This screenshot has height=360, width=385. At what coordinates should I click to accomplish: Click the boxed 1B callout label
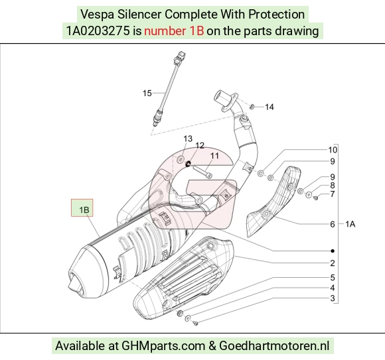(82, 208)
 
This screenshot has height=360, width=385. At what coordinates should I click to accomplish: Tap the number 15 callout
(147, 93)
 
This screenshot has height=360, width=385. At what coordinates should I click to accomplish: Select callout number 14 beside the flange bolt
(269, 107)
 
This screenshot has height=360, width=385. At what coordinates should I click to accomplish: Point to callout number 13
(188, 139)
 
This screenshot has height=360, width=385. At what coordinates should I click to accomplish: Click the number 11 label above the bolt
(214, 156)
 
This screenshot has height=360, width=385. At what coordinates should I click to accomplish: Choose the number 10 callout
(333, 150)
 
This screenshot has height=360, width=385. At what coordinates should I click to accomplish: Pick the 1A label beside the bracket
(350, 224)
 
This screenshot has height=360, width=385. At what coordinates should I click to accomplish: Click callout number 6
(332, 224)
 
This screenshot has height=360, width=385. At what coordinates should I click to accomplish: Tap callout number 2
(332, 263)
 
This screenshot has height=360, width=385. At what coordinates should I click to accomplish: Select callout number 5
(333, 278)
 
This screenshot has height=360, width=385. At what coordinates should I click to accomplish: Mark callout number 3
(333, 298)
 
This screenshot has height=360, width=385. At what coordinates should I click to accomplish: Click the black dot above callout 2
(333, 251)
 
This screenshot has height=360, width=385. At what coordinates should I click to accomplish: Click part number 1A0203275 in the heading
(98, 31)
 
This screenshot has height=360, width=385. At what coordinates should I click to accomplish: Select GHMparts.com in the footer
(163, 346)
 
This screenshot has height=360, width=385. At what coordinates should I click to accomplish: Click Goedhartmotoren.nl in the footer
(274, 346)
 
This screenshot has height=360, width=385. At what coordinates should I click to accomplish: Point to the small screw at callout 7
(316, 197)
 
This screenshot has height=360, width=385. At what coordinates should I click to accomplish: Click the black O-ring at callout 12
(188, 164)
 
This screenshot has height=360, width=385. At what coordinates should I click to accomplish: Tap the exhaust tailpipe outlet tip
(72, 282)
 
